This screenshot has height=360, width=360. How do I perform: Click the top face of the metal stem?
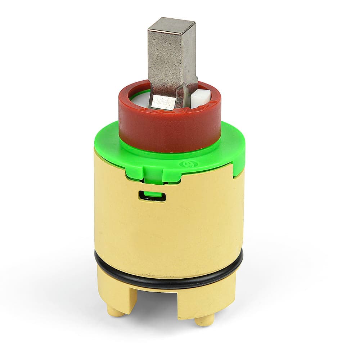tap(171, 24)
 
